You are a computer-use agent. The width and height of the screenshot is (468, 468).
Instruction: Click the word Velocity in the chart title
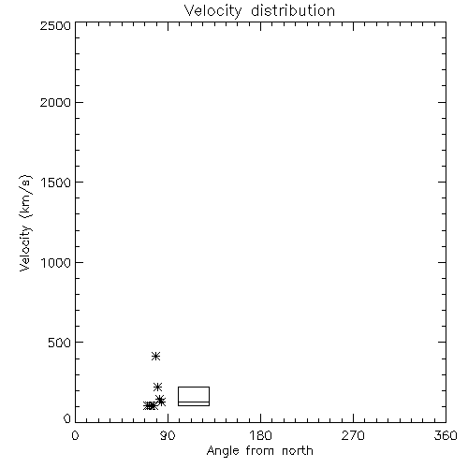point(212,11)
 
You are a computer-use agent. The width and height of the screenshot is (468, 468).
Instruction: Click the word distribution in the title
point(293,11)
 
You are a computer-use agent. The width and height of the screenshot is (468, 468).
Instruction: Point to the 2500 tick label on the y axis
point(55,25)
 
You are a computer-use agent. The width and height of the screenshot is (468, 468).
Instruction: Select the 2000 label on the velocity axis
point(55,102)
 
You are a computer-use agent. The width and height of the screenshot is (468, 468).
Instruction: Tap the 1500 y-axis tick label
point(56,183)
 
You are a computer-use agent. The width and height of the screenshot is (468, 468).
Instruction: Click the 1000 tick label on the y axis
point(56,263)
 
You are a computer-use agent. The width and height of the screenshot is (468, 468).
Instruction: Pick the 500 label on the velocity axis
point(60,343)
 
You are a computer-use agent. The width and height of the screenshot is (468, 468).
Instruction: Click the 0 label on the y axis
point(67,418)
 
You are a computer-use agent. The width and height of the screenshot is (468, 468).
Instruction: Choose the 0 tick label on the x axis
point(75,435)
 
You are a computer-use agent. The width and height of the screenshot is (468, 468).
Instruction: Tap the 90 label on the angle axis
point(168,435)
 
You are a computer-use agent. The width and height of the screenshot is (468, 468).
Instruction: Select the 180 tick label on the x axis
point(260,435)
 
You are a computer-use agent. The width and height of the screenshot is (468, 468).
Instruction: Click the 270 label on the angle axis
point(353,435)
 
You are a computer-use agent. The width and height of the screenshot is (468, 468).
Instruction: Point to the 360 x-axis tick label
point(446,435)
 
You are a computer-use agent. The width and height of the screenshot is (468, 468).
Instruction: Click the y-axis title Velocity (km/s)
point(25,223)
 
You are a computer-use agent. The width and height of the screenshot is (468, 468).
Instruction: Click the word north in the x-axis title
point(298,451)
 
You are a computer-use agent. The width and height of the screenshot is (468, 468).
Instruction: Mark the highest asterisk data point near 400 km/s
point(155,356)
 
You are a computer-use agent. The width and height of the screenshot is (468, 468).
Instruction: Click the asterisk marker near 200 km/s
point(157,388)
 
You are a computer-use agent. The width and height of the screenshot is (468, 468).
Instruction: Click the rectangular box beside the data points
point(194,388)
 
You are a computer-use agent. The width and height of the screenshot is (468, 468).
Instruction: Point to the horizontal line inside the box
point(194,402)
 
